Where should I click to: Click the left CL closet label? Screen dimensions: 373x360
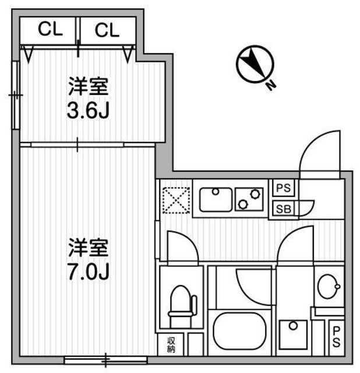[50, 30]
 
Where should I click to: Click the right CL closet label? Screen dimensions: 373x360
[107, 30]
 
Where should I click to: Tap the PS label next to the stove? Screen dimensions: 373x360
[284, 188]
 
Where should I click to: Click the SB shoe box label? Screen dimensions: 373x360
[284, 208]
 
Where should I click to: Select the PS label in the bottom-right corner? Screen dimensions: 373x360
[337, 336]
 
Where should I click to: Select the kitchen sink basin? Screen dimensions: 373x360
[216, 199]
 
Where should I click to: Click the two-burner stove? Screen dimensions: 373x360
[249, 199]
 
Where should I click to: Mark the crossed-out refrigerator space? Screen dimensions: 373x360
[176, 199]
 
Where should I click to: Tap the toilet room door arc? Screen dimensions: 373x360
[181, 245]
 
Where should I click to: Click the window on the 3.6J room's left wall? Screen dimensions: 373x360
[16, 93]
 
